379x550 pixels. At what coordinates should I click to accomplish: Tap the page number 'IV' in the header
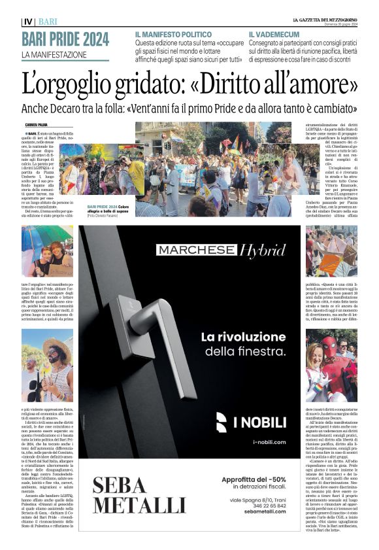tap(27, 21)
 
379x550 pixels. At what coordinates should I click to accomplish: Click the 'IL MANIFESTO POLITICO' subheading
tap(174, 33)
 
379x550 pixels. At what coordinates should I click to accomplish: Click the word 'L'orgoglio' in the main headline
tap(76, 84)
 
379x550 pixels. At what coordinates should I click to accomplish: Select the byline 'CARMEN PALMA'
tap(39, 124)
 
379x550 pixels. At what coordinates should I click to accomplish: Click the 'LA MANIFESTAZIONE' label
tap(54, 54)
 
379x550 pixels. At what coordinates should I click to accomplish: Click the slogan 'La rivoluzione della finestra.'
tap(244, 344)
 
